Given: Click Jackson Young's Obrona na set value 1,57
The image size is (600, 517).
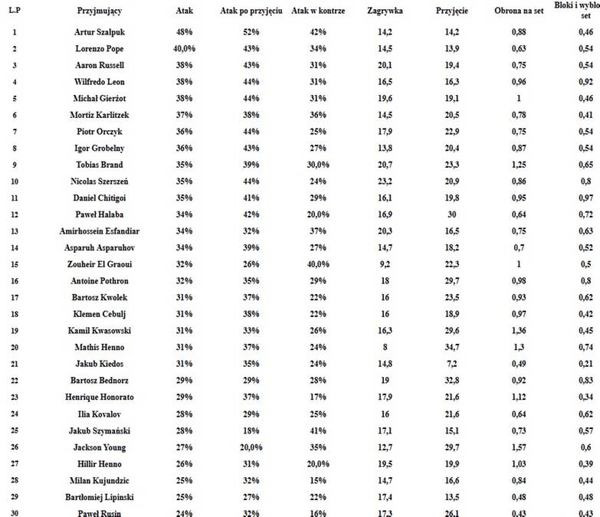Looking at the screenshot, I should pos(522,447).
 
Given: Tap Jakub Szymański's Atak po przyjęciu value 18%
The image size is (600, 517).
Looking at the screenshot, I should pos(251,430).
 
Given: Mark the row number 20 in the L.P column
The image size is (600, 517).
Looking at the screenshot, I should pos(15,347).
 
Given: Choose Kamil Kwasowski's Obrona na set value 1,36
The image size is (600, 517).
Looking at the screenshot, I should pos(522,331).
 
